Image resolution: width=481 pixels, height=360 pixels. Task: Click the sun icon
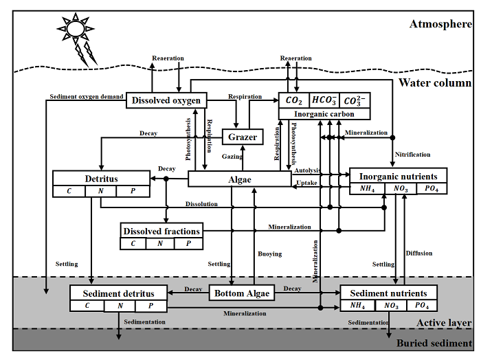(74, 29)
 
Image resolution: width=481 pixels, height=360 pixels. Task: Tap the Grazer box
(243, 137)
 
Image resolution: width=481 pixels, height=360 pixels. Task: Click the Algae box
(240, 179)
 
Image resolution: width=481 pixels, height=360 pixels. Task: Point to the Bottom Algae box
(241, 293)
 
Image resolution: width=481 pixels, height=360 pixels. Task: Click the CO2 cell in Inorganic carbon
(294, 100)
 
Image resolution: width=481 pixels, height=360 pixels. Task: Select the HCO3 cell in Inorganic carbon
(324, 100)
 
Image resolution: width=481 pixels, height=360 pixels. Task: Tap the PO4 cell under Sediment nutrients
(422, 306)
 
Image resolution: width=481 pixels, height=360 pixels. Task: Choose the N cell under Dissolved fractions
(160, 243)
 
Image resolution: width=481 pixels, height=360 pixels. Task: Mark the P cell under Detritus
(134, 190)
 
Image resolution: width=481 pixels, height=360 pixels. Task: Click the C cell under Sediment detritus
(87, 306)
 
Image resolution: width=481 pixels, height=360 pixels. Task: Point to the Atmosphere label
(440, 24)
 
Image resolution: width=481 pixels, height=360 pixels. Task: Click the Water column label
(436, 83)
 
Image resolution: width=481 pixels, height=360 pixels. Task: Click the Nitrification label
(412, 155)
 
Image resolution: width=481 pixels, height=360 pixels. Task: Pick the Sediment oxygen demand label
(87, 96)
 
